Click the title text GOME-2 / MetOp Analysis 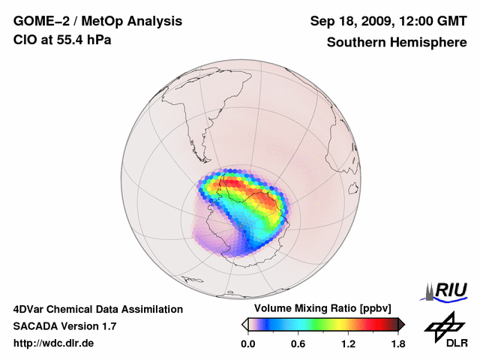[97, 21]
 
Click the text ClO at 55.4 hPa [63, 40]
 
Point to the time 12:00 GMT [436, 21]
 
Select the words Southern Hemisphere [396, 43]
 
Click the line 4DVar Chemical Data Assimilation [98, 309]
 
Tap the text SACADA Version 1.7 [64, 326]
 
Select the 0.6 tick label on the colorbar [298, 343]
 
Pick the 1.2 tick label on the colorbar [347, 343]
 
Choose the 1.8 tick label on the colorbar [397, 343]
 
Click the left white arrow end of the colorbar [244, 324]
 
